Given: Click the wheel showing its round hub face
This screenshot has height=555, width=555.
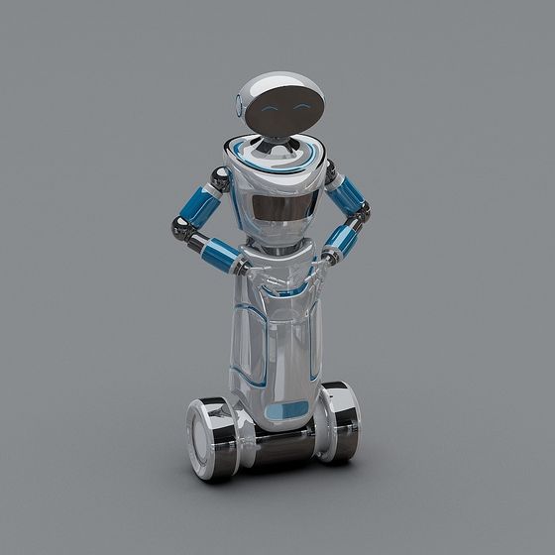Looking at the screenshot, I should click(x=208, y=429).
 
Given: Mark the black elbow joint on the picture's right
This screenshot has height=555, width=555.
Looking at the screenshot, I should click(x=362, y=210).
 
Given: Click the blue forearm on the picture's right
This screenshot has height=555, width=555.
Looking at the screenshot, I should click(x=343, y=239).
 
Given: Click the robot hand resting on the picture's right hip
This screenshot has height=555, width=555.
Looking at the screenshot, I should click(x=323, y=263).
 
